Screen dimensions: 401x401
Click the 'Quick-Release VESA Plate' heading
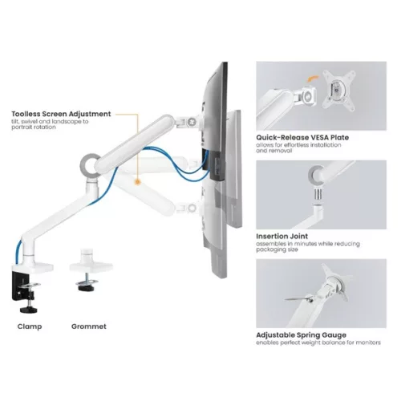[x=302, y=137]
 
